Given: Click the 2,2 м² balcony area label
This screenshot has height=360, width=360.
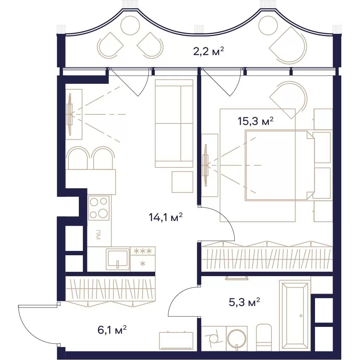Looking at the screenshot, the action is coord(208,51).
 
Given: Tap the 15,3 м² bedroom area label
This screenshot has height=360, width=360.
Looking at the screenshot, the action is coord(256,121).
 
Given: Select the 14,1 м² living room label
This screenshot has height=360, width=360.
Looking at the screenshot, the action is coord(166,217).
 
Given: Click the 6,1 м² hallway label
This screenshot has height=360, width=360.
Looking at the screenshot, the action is coord(112,330).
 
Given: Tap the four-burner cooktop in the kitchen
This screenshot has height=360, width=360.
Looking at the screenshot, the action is coord(99,208).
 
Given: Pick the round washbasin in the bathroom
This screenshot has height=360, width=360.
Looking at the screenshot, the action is coord(237,339).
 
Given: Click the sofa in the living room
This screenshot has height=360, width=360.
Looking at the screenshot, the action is coord(174,123).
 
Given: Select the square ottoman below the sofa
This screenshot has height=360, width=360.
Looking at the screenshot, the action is coord(183,182).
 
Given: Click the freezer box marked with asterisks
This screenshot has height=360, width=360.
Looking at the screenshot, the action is coord(143,259).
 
